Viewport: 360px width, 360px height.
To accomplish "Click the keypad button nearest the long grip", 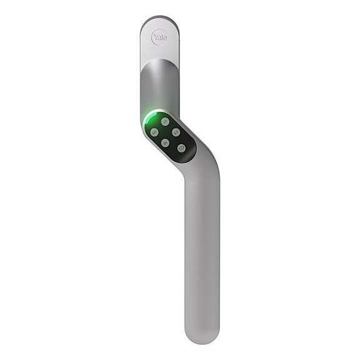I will coord(182,148).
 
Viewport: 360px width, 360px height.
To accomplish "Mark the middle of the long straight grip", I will coord(202,250).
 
